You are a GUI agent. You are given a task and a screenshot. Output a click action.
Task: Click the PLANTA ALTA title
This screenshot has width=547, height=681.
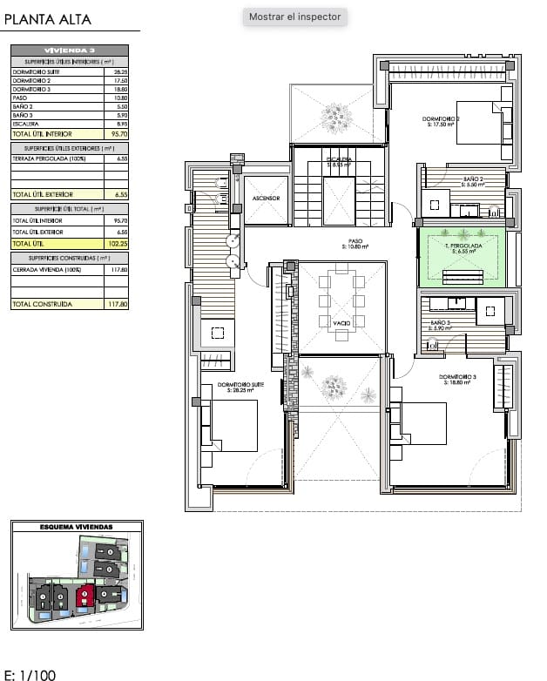(x=48, y=20)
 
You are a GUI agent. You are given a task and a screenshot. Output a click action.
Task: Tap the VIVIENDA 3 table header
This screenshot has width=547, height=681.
(x=70, y=51)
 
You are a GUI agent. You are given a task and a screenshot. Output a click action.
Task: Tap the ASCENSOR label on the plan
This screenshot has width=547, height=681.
(x=266, y=199)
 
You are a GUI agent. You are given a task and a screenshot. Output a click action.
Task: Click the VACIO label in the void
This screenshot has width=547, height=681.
(x=341, y=323)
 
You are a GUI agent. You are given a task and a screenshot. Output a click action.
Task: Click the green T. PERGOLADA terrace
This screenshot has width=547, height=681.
(x=462, y=255)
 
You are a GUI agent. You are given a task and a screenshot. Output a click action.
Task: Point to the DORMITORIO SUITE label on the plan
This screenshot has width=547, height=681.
(x=240, y=388)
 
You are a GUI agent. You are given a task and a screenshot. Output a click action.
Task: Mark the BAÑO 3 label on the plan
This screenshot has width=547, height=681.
(x=439, y=324)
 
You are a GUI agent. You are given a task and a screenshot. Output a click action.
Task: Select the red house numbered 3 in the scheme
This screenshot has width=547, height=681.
(x=84, y=597)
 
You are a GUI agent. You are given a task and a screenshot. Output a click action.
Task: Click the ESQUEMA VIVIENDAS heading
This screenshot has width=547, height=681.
(x=77, y=527)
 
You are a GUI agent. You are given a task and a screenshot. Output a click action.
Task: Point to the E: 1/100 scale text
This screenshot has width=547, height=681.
(x=30, y=674)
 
